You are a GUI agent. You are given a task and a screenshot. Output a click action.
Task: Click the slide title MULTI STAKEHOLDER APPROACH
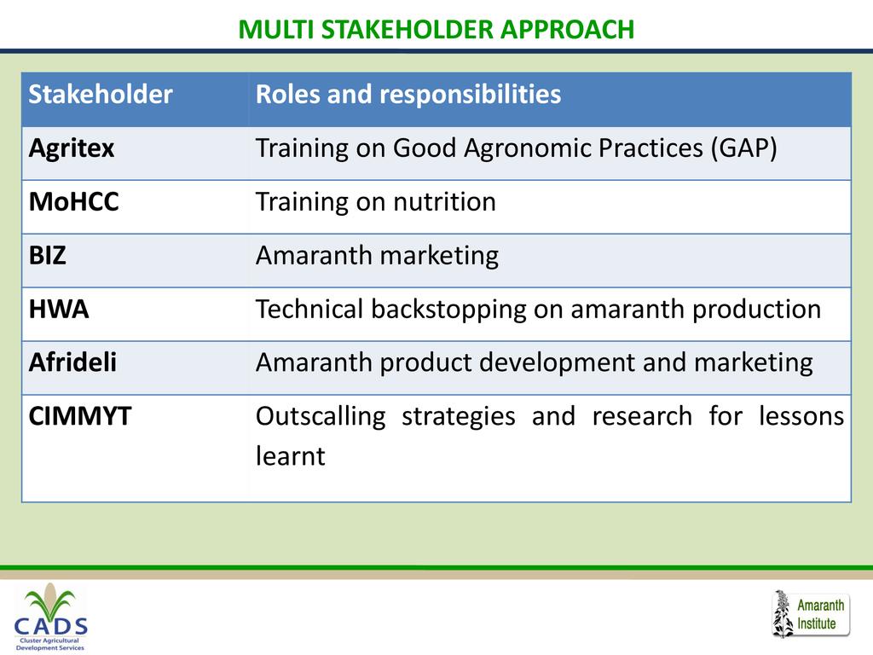tap(436, 30)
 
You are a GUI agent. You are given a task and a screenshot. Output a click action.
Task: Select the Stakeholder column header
tap(101, 94)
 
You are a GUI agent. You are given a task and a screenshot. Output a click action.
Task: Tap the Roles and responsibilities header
tap(408, 94)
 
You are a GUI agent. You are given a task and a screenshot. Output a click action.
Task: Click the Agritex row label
tap(72, 148)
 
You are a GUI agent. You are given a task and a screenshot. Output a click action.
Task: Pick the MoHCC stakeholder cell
tap(73, 201)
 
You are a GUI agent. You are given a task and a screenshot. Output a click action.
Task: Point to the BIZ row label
tap(48, 256)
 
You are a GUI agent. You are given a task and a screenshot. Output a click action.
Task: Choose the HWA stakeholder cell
tap(59, 309)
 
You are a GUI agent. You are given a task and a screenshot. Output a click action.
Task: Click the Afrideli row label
tap(72, 362)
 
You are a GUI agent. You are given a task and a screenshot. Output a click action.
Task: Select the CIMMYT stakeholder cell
tap(79, 416)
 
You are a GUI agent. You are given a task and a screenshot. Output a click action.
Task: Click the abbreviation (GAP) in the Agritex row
tap(743, 148)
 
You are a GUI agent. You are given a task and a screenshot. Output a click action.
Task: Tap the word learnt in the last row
tap(290, 456)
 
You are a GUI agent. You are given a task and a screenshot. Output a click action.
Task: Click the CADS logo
tap(50, 617)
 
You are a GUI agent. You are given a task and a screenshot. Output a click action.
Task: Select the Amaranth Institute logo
tap(811, 614)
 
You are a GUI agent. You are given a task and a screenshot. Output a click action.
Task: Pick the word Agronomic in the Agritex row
tap(527, 149)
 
